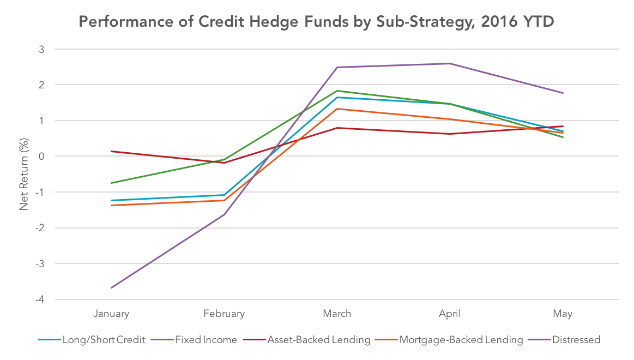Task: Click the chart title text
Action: (x=316, y=22)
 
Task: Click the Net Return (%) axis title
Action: (x=24, y=174)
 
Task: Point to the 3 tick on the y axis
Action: (x=41, y=49)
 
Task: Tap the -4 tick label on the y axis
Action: (x=40, y=299)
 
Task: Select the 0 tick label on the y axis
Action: (x=41, y=157)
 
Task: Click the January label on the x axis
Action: (x=111, y=314)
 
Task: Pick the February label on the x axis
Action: (x=224, y=314)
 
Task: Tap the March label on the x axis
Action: (x=337, y=314)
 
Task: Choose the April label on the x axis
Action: (x=450, y=314)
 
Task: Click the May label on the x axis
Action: (x=563, y=314)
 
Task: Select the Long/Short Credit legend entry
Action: (x=92, y=340)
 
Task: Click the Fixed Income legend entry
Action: (x=194, y=340)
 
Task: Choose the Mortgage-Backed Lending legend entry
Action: (x=449, y=340)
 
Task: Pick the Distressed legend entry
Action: (x=564, y=340)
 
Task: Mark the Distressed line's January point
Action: (x=111, y=287)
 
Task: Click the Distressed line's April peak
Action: (x=450, y=63)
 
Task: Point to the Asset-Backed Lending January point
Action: (x=111, y=151)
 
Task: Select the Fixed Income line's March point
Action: (x=337, y=91)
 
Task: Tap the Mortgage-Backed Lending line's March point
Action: (x=337, y=109)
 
